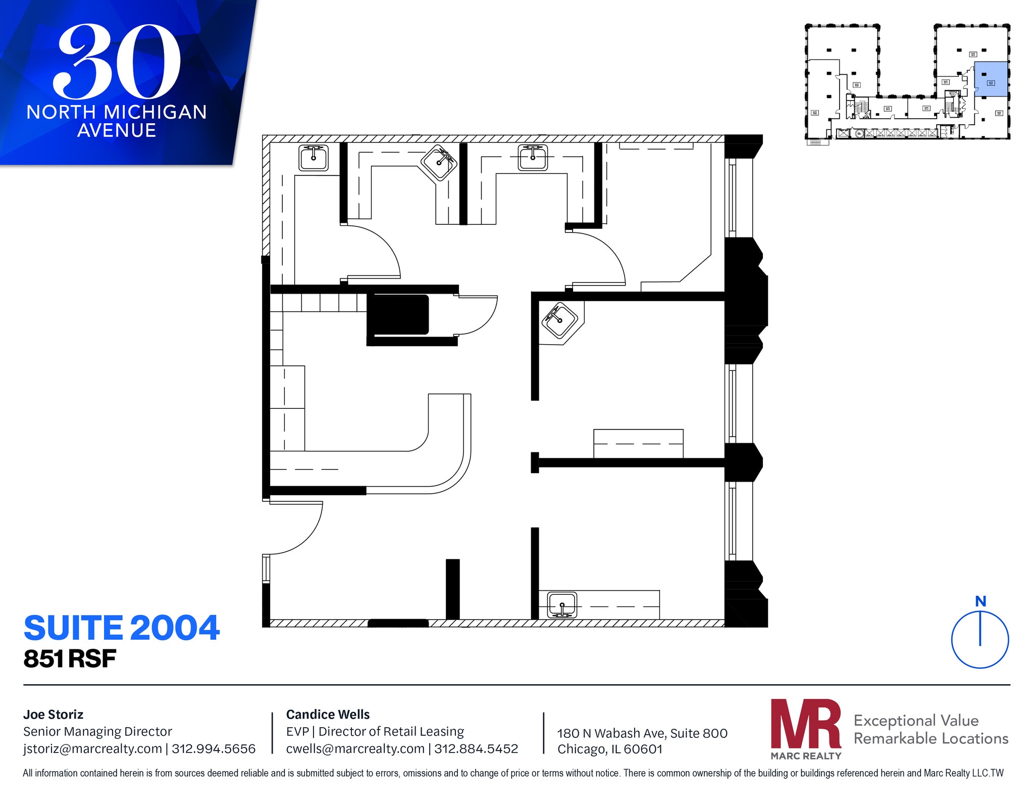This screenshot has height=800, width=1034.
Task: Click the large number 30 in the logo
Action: (x=117, y=62)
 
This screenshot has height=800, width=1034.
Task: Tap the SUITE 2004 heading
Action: (x=122, y=628)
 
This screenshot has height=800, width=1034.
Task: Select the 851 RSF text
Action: (x=70, y=659)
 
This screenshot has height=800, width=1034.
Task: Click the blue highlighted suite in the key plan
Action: (x=991, y=79)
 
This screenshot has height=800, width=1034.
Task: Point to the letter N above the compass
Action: (x=980, y=601)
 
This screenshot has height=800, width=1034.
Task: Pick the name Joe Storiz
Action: (x=53, y=715)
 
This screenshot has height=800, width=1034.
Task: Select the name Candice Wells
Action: (x=328, y=715)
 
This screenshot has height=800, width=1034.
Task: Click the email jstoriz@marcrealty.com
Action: (x=92, y=749)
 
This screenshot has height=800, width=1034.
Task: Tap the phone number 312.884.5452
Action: (x=476, y=749)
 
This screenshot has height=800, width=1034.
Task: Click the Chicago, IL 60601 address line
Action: (x=609, y=749)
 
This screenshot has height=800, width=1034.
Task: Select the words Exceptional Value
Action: (x=916, y=720)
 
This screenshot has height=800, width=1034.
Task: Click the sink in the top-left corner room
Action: (x=314, y=158)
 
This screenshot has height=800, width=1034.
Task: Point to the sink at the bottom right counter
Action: (x=562, y=605)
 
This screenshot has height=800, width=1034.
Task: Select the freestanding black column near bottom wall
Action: (x=452, y=589)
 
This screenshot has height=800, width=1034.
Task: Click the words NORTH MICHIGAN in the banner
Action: (x=117, y=112)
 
